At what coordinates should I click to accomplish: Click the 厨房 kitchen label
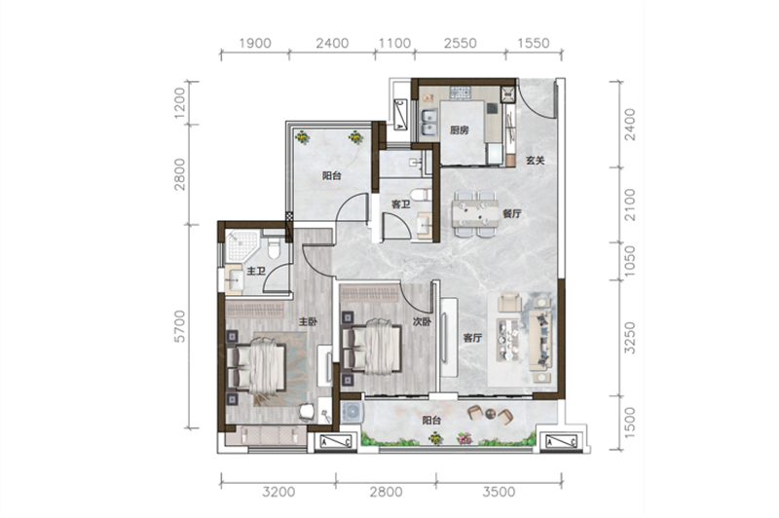459,130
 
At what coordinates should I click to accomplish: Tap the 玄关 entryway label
536,161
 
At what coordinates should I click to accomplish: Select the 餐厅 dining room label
512,214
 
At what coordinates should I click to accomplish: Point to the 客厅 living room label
472,338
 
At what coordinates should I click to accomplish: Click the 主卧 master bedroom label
308,322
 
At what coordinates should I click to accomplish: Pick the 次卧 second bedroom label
422,322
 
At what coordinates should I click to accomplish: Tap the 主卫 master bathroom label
256,271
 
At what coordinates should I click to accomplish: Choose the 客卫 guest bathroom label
400,204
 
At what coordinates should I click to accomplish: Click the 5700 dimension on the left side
179,326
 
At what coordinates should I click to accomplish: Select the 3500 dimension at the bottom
499,492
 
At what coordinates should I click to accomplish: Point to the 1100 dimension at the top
395,43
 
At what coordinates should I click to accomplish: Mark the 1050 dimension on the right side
629,261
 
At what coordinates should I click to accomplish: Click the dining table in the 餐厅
475,214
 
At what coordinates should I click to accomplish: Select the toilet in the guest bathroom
421,194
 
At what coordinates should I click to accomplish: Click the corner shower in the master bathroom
241,245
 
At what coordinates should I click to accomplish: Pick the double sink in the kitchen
428,122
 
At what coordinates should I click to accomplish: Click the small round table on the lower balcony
491,413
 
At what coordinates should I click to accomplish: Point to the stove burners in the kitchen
460,92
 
